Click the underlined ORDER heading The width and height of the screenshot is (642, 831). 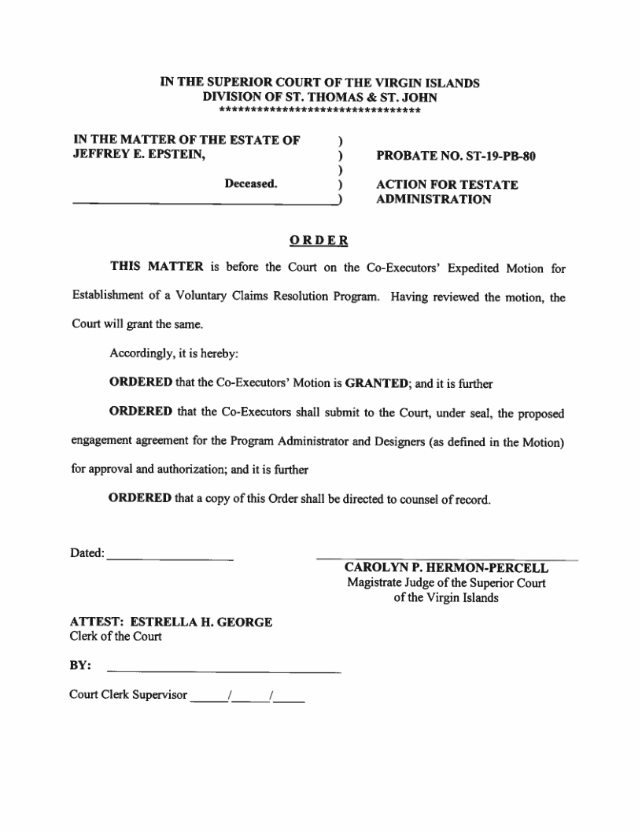click(x=319, y=240)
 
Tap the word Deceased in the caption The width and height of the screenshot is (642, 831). click(x=251, y=185)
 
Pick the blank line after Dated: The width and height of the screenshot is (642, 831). click(x=170, y=559)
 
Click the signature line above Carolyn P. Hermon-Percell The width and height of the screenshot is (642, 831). click(x=447, y=559)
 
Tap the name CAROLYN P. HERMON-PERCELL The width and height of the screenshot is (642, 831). click(x=447, y=568)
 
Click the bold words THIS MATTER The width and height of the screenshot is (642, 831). click(x=157, y=268)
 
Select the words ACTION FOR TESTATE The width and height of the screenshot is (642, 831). click(x=447, y=185)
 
